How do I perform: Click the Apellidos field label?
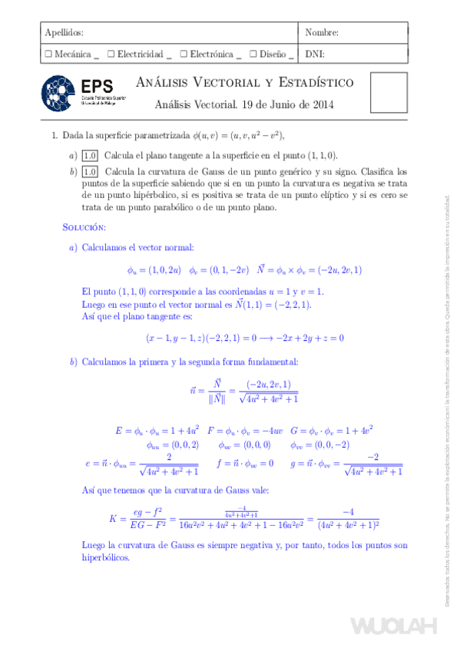(x=65, y=33)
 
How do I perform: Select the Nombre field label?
(x=322, y=33)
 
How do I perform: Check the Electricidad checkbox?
(x=111, y=55)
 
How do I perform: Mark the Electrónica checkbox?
(x=184, y=55)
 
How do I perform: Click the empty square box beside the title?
(x=389, y=93)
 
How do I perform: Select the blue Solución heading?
(x=84, y=228)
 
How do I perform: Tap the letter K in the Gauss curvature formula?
(x=113, y=520)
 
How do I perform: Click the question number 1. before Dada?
(x=55, y=135)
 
